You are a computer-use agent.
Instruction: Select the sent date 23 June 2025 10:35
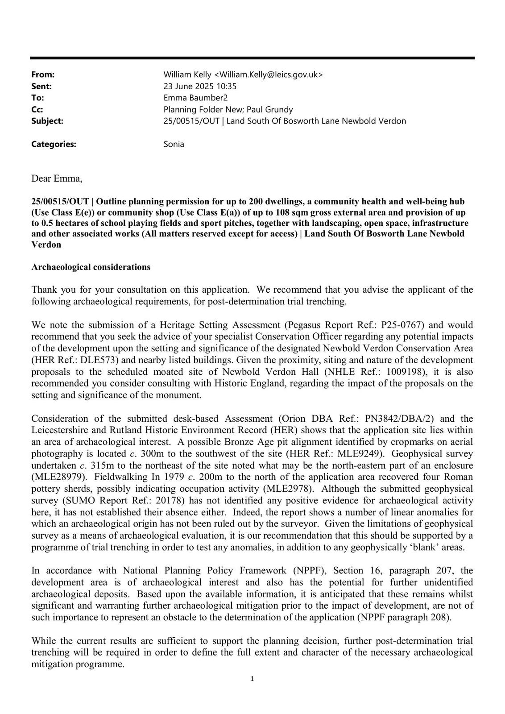[200, 86]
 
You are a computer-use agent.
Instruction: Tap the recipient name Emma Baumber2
[195, 98]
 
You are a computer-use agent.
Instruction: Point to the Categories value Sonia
[174, 144]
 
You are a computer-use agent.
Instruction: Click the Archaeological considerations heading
[91, 267]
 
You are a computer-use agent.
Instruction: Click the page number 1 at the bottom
[252, 679]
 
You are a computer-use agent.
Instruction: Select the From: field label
[43, 75]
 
